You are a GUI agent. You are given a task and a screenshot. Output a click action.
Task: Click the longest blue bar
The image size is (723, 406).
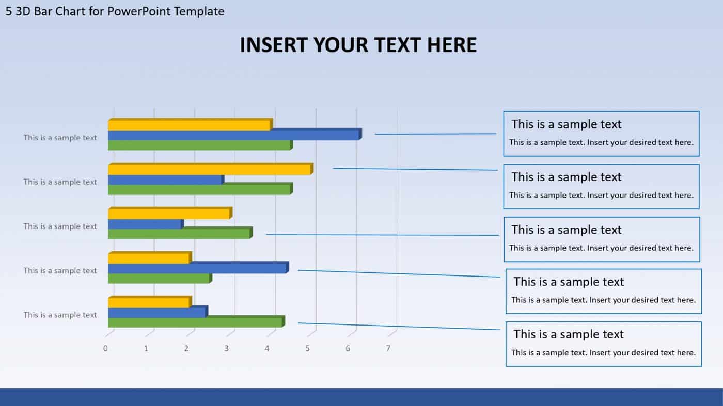[232, 135]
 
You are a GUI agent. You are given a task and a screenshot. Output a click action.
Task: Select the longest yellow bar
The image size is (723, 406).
[209, 170]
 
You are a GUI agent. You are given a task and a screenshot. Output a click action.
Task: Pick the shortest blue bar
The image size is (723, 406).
[145, 224]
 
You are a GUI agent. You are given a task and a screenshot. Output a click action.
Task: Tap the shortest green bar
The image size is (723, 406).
[159, 279]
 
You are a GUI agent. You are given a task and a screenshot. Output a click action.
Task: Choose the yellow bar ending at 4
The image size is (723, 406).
[188, 125]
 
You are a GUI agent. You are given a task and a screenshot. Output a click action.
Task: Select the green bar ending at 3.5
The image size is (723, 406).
[179, 234]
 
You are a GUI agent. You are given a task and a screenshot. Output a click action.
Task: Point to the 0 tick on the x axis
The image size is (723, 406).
[105, 348]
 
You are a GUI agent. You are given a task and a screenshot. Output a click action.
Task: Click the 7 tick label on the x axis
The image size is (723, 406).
[388, 348]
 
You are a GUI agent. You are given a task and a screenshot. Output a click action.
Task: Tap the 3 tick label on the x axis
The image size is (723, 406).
[226, 348]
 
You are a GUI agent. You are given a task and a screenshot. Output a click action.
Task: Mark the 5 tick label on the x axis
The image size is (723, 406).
[307, 348]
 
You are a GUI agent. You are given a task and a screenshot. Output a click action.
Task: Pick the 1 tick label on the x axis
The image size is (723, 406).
[146, 348]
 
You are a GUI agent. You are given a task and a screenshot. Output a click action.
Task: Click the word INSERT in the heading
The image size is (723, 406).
[271, 45]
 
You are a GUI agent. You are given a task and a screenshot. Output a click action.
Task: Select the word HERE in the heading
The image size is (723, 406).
[451, 45]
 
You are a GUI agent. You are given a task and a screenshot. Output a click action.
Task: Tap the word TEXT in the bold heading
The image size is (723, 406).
[396, 45]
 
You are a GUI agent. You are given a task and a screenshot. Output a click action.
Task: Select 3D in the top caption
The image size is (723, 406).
[23, 11]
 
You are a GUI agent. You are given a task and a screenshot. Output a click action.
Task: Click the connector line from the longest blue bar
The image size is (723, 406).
[435, 134]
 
